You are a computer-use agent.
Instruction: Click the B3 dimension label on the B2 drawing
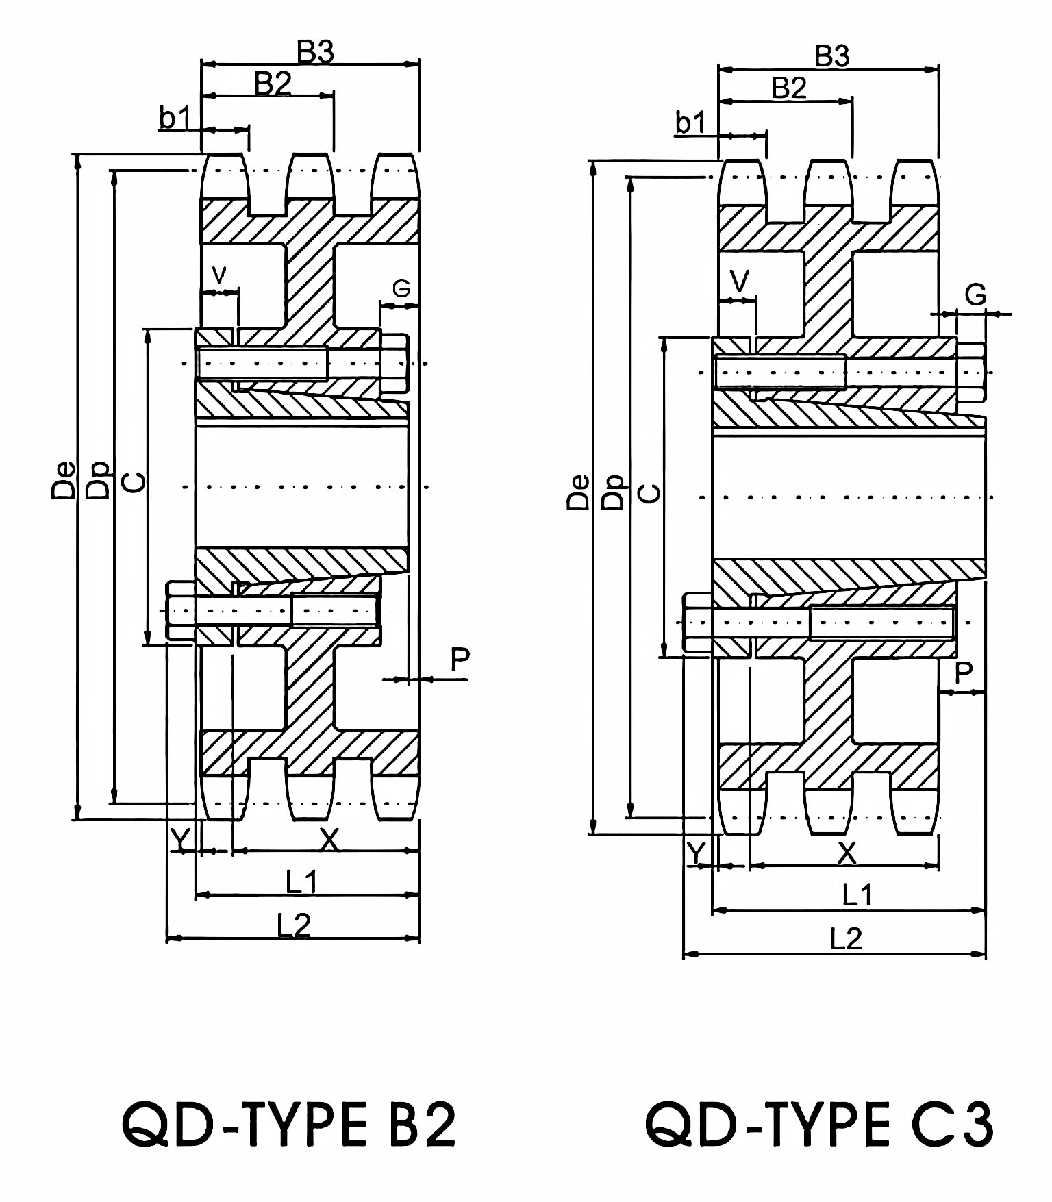[314, 53]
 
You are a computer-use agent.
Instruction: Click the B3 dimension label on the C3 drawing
[832, 57]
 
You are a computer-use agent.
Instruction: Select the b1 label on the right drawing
[690, 123]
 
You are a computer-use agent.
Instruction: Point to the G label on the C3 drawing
[975, 295]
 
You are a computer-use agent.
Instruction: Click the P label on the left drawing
[460, 660]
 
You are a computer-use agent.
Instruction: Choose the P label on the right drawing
[963, 673]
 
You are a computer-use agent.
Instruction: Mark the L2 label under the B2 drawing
[294, 925]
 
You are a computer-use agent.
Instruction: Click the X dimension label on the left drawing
[330, 839]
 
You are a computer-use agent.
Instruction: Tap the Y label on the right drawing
[696, 853]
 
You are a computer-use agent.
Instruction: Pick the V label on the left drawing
[219, 275]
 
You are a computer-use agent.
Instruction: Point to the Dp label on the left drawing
[100, 479]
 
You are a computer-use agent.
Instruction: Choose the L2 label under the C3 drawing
[846, 939]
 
